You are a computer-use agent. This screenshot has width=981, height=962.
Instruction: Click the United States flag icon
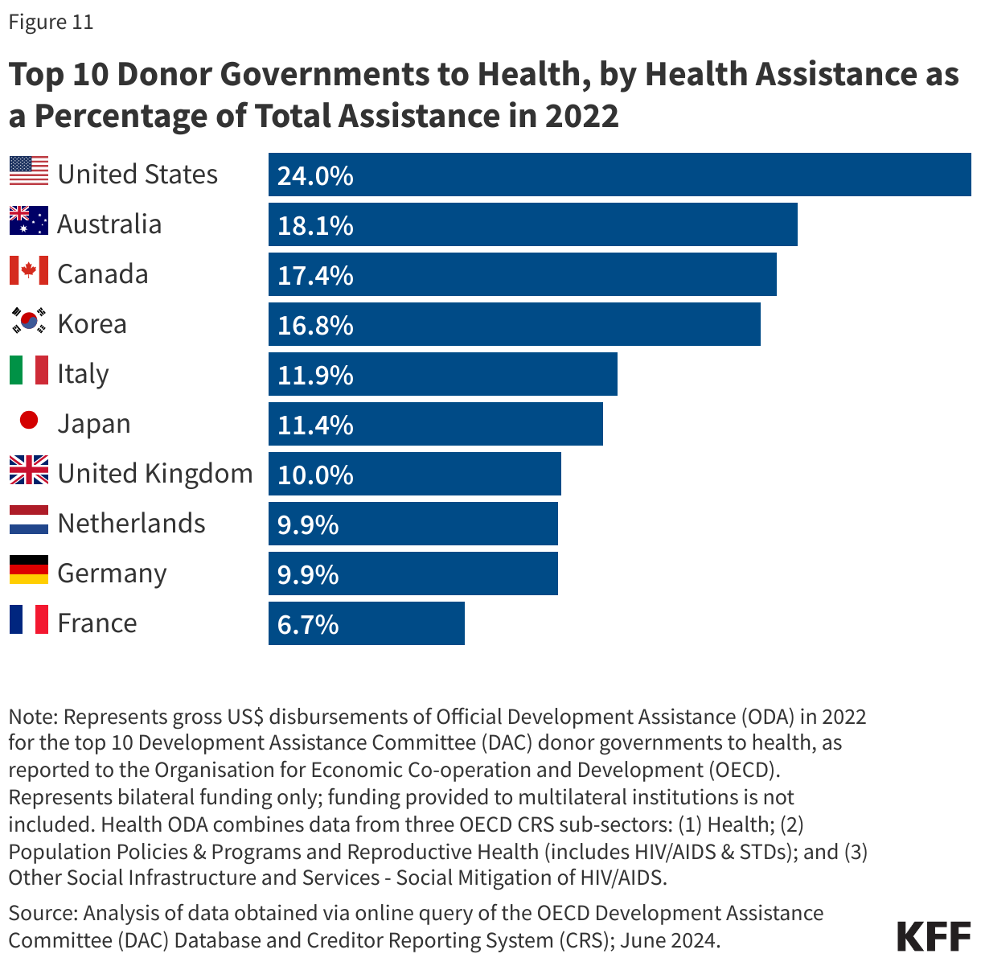click(29, 171)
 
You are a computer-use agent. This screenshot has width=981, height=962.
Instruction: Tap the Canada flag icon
click(29, 271)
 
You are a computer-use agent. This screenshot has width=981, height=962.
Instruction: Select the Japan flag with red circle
click(29, 420)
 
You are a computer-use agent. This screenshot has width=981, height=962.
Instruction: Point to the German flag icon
click(29, 569)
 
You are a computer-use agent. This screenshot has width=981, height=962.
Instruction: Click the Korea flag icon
click(29, 321)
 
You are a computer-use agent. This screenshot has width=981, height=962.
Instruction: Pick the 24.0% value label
click(315, 175)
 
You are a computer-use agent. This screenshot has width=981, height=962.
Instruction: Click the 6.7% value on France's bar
click(308, 624)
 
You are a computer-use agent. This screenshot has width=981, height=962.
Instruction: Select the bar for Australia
click(532, 224)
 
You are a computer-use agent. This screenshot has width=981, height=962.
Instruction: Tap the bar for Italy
click(442, 374)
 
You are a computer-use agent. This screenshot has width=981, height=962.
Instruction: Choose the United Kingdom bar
click(414, 474)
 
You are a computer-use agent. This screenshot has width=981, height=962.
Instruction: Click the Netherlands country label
click(132, 524)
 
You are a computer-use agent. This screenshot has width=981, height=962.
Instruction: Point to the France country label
click(97, 623)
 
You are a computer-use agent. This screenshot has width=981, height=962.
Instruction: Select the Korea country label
click(92, 324)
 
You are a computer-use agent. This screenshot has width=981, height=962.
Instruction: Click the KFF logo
click(933, 937)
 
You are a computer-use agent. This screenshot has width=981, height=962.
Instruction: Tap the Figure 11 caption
click(51, 22)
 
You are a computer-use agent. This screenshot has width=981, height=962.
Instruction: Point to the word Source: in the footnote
click(43, 914)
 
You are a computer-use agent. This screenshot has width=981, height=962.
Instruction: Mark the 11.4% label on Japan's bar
click(315, 425)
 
